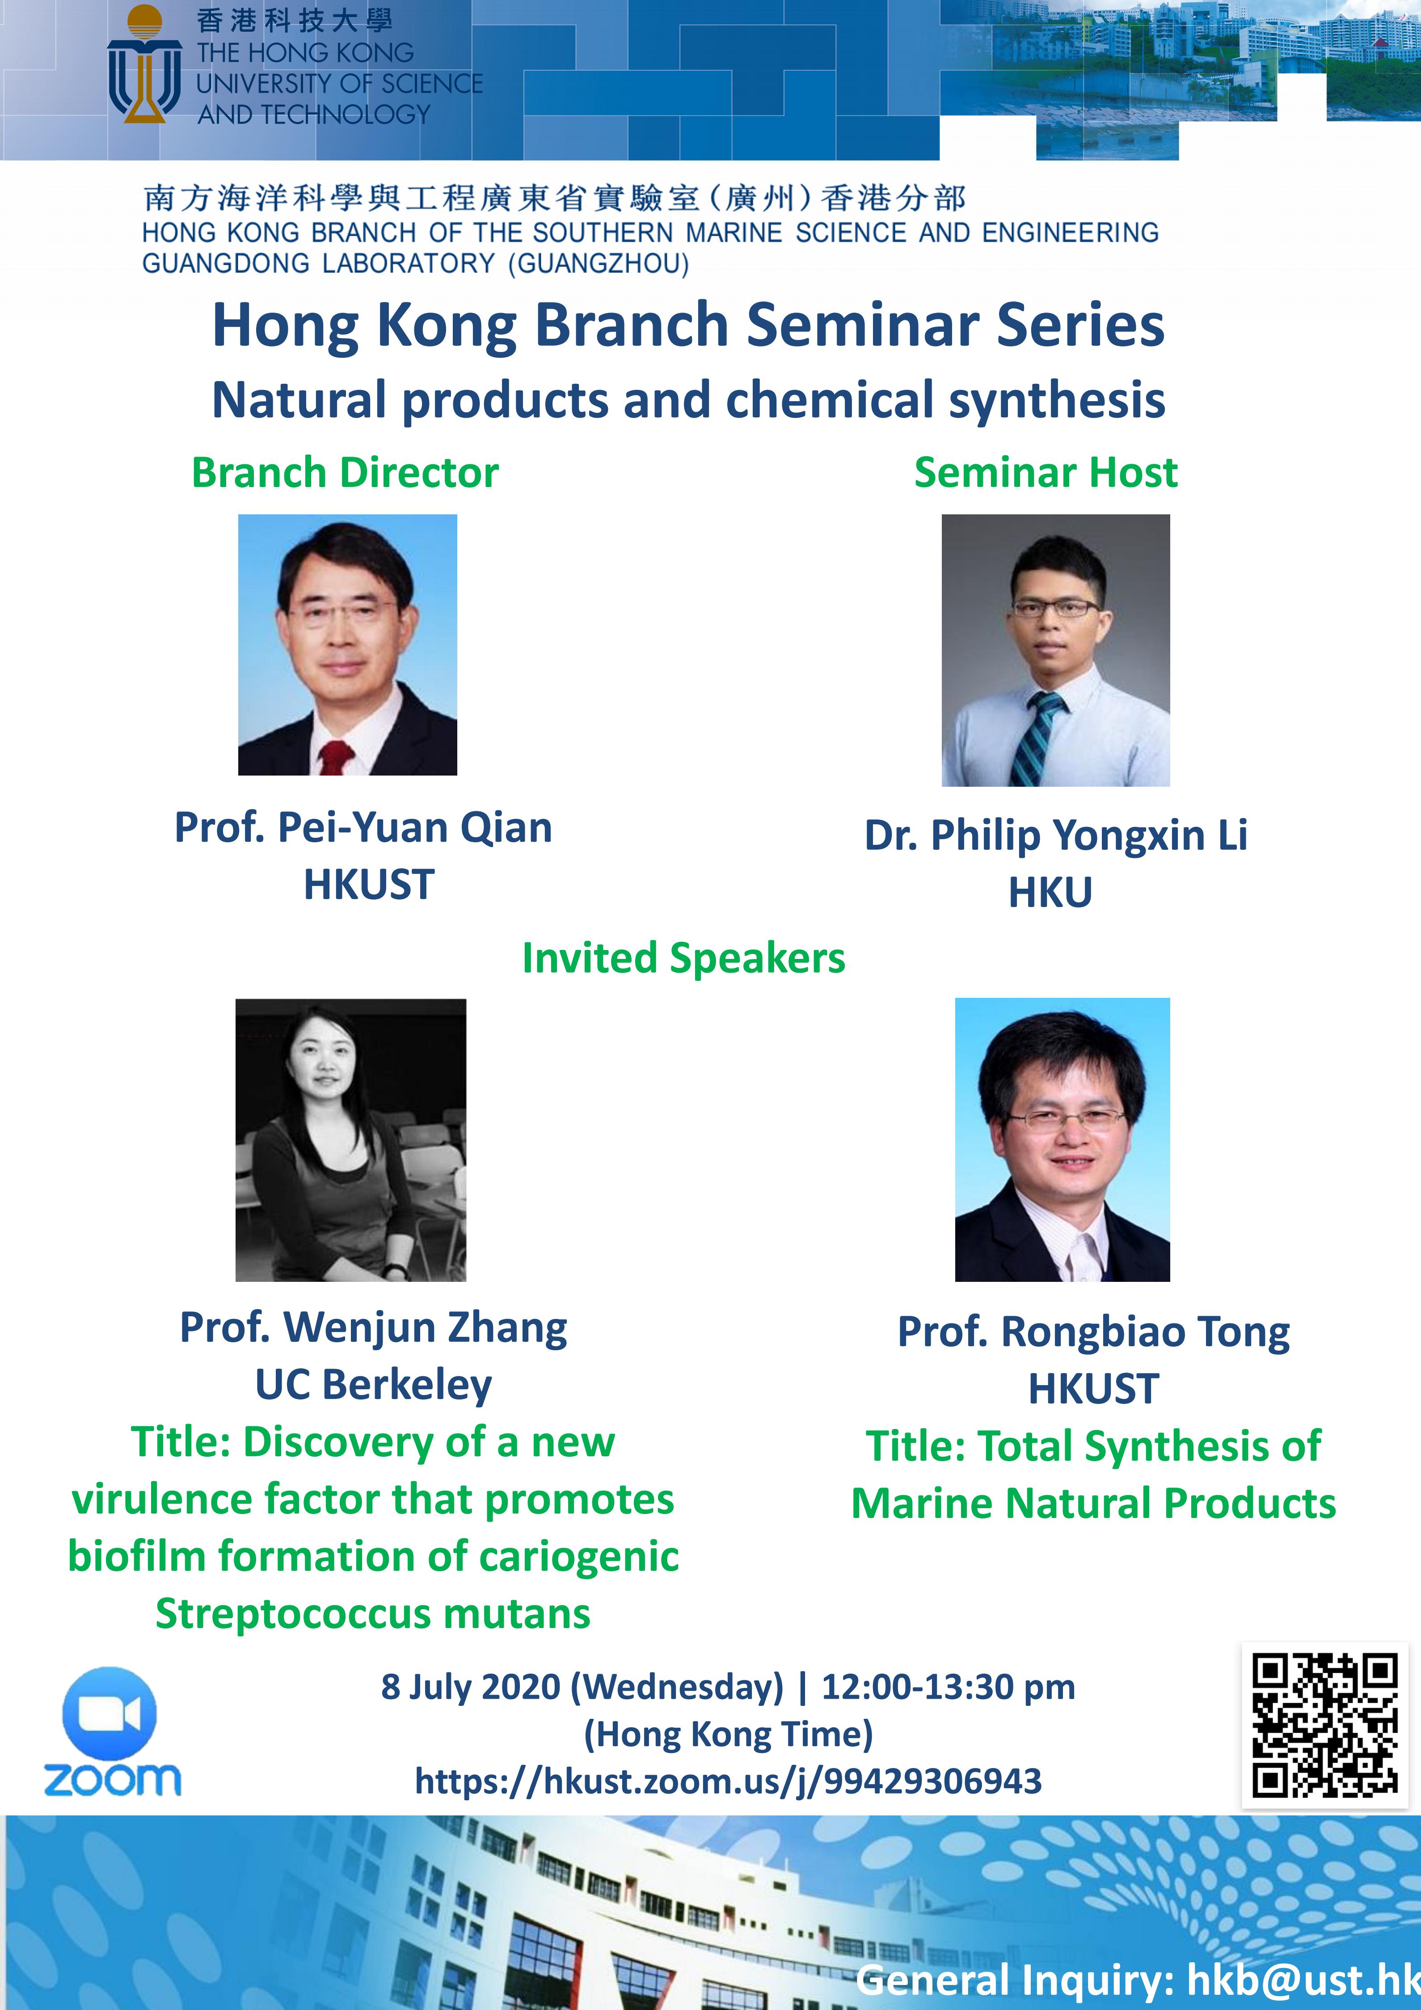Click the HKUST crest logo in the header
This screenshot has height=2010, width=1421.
pyautogui.click(x=144, y=64)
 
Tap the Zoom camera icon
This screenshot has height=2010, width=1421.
pyautogui.click(x=110, y=1713)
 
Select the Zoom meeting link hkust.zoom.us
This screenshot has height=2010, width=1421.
pyautogui.click(x=728, y=1781)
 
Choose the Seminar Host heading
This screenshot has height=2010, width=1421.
pyautogui.click(x=1046, y=473)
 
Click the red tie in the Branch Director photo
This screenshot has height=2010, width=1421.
pyautogui.click(x=336, y=757)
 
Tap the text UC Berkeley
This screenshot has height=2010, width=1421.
pyautogui.click(x=374, y=1385)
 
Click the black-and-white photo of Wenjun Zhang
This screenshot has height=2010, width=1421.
pyautogui.click(x=351, y=1140)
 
